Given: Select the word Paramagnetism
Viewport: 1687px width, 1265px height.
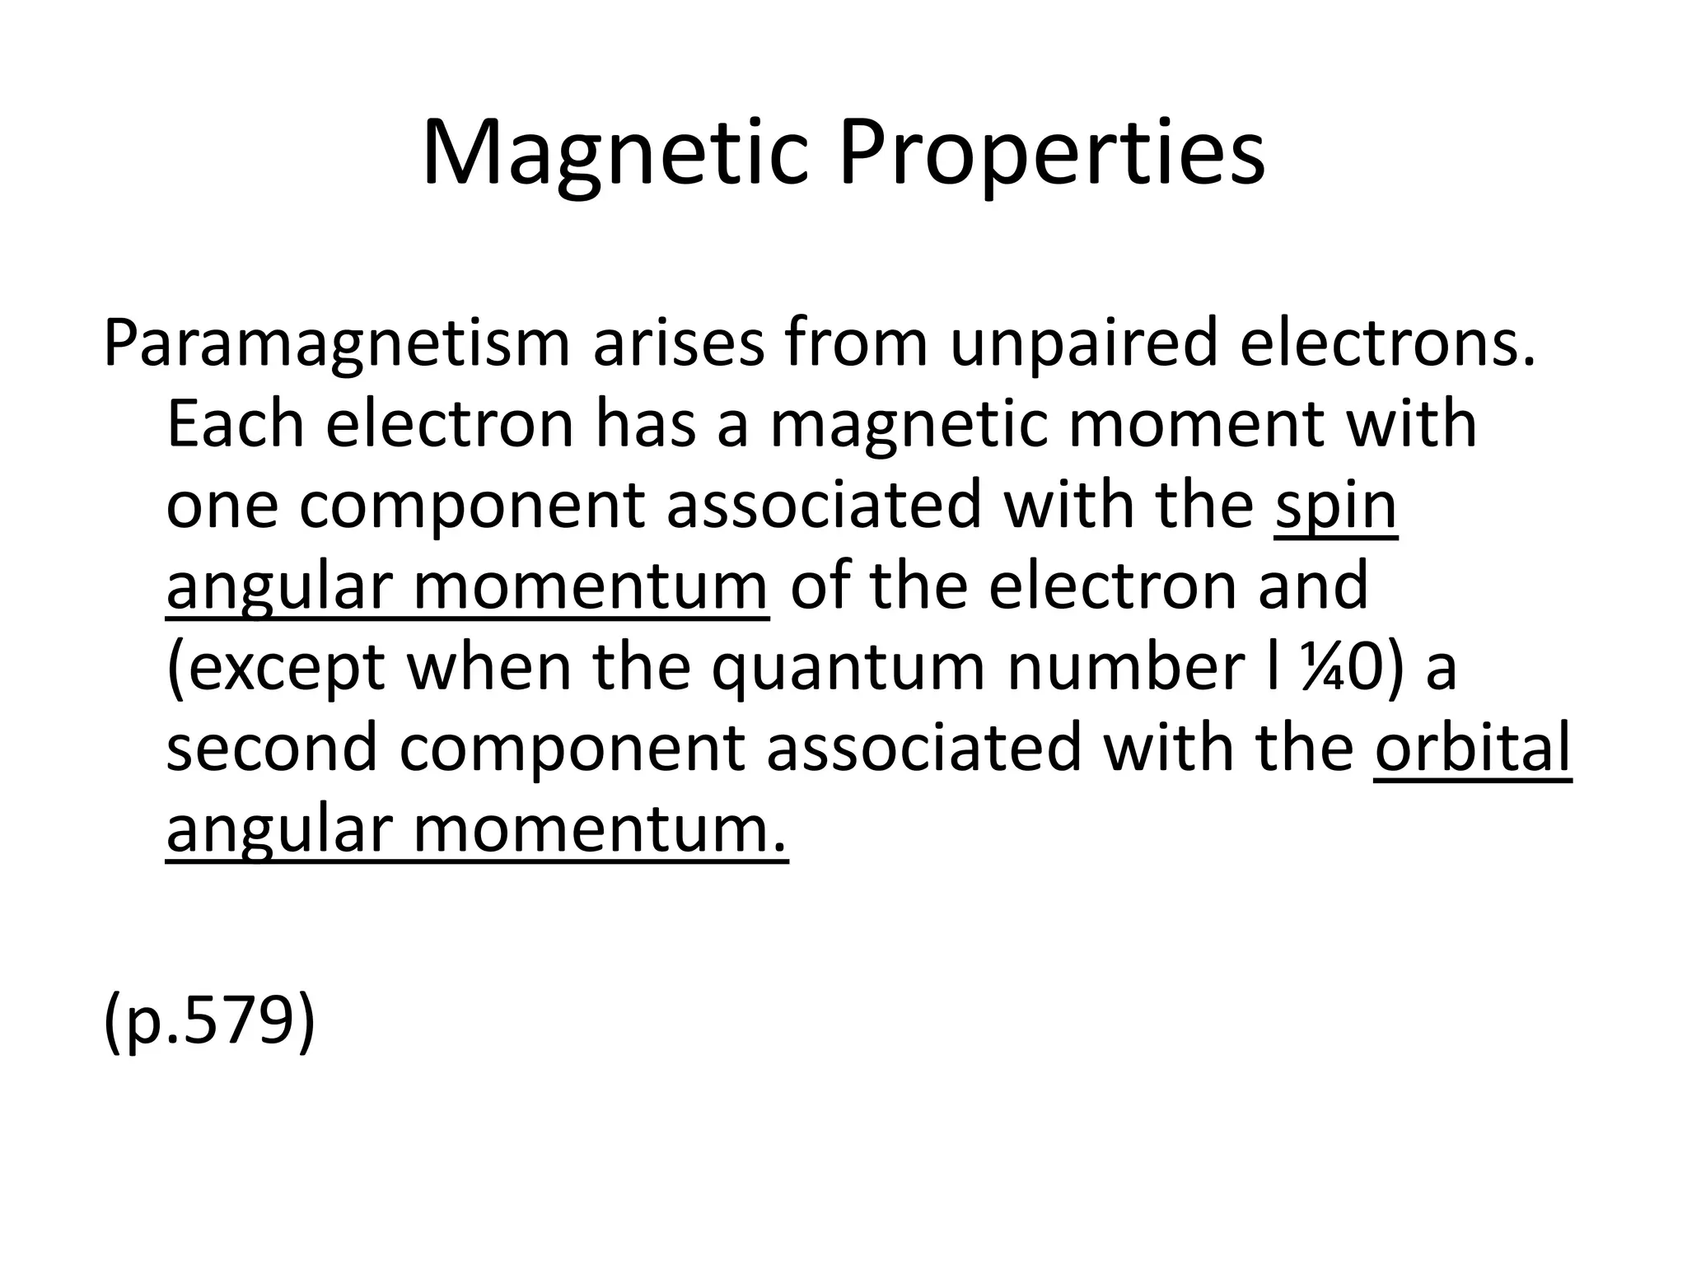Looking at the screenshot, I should pyautogui.click(x=337, y=344).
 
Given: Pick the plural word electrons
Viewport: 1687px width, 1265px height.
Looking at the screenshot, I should pyautogui.click(x=1388, y=343).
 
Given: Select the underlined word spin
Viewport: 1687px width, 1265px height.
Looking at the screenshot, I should pyautogui.click(x=1336, y=506).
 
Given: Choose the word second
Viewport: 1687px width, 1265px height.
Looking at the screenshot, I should pyautogui.click(x=272, y=747).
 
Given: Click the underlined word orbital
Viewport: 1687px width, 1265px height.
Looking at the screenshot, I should pyautogui.click(x=1473, y=747).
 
